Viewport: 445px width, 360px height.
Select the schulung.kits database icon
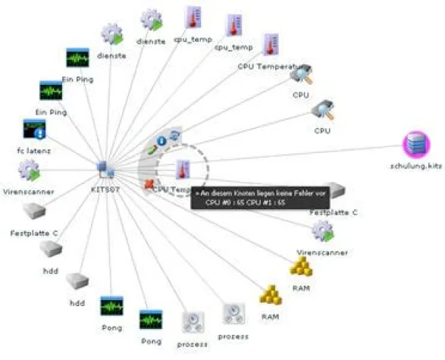click(415, 145)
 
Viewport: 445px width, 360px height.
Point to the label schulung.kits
click(415, 164)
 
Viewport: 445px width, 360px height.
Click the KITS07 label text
click(104, 184)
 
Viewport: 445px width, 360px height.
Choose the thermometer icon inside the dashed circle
click(183, 170)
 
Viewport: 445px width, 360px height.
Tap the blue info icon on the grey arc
click(161, 141)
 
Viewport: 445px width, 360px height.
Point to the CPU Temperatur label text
click(265, 67)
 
